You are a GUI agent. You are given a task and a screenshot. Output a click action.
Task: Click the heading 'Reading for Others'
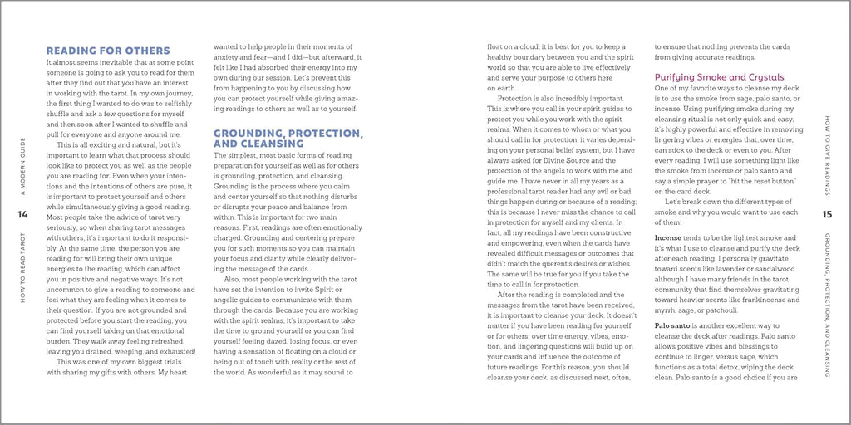108,51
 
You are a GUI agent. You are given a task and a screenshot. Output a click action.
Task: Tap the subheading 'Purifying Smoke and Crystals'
719,77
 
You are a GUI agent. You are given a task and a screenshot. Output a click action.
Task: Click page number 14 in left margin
22,215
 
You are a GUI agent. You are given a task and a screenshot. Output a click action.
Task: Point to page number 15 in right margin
827,215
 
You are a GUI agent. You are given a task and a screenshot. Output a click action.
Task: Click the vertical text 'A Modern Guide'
22,170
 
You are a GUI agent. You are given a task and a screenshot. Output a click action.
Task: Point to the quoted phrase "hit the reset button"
768,181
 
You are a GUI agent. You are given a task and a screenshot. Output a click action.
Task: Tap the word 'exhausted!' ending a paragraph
175,351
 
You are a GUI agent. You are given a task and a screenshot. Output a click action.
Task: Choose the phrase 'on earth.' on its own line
502,87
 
